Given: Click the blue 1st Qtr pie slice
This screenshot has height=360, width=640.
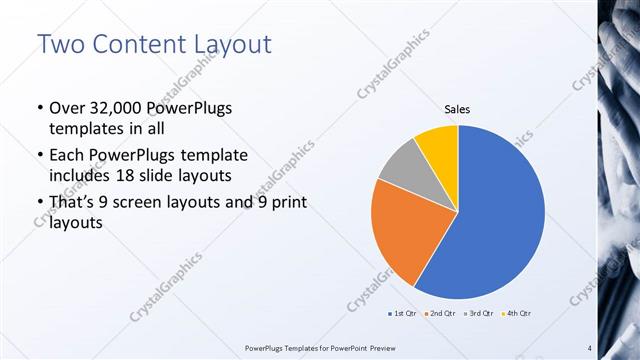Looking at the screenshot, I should [x=500, y=210].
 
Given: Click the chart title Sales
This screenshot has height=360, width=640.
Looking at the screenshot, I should [x=457, y=111].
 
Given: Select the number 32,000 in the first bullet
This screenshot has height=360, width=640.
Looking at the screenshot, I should [x=111, y=108].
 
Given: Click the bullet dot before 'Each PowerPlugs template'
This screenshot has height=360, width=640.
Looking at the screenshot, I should [x=39, y=156].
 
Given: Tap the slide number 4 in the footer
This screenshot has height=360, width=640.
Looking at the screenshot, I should [x=589, y=348].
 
